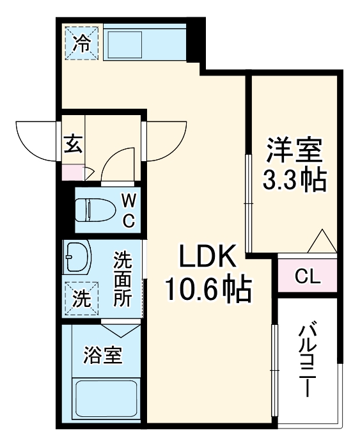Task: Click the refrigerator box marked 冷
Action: click(81, 42)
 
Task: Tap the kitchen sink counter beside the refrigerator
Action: click(145, 42)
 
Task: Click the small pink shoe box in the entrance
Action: click(73, 171)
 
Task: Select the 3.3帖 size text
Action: click(295, 182)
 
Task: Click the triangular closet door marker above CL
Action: click(321, 244)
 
